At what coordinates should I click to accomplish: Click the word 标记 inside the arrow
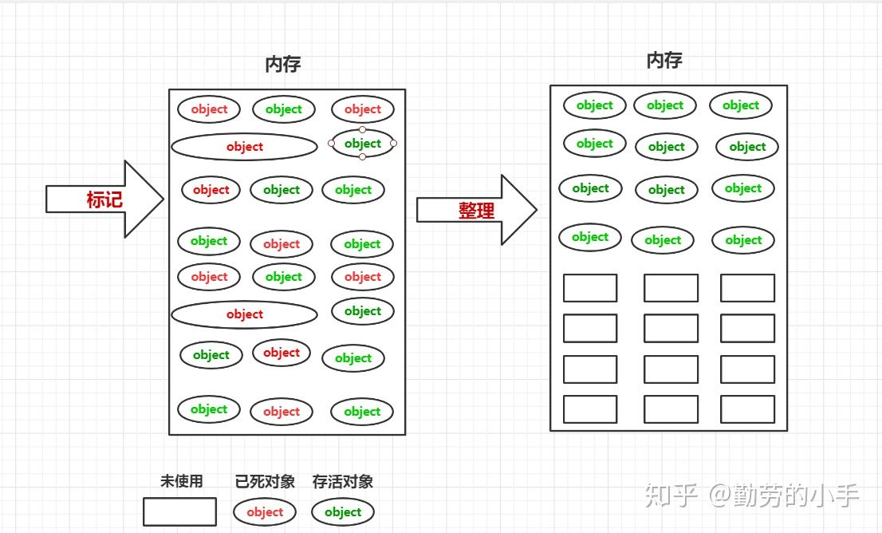pos(104,199)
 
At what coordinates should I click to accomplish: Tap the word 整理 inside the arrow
pos(476,211)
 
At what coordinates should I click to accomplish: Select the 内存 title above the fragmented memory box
pos(282,65)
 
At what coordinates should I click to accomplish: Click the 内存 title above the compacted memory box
pos(664,60)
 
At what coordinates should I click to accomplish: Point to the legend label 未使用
pos(181,481)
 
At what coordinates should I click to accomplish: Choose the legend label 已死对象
pos(265,481)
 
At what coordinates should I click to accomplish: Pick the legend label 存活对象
pos(343,481)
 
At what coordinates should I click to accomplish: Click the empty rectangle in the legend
pos(179,512)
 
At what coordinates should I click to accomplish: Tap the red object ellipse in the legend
pos(265,512)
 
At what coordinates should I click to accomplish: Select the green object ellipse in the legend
pos(343,512)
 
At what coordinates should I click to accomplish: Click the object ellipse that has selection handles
pos(363,144)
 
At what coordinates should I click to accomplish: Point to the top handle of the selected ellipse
pos(362,129)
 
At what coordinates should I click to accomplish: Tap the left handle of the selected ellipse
pos(332,144)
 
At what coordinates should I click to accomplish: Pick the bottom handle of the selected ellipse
pos(362,156)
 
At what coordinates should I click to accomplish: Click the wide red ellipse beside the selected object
pos(244,147)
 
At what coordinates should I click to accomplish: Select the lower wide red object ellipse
pos(244,314)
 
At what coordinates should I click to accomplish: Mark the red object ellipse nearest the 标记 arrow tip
pos(211,190)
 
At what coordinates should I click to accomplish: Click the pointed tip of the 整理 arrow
pos(536,210)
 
